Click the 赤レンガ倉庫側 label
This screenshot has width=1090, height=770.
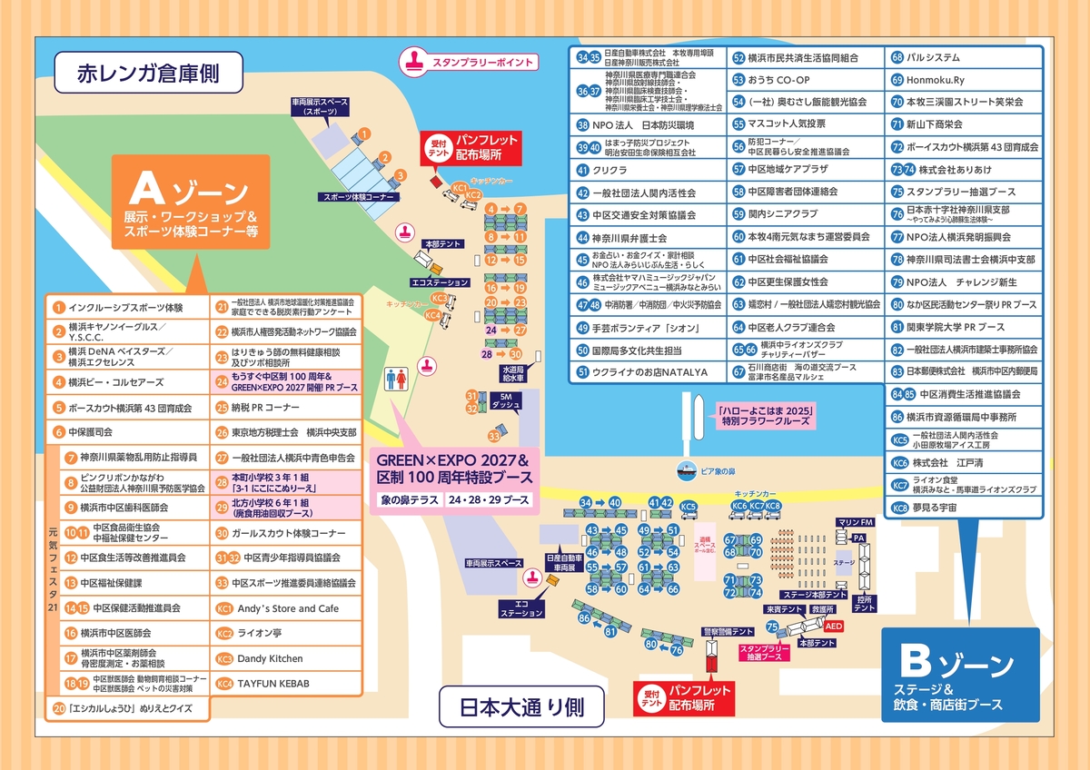click(148, 73)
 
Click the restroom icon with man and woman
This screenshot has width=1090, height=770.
click(396, 379)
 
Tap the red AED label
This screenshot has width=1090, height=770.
click(834, 627)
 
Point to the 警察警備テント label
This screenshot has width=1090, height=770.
click(715, 631)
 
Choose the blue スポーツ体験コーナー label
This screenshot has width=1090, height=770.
click(356, 197)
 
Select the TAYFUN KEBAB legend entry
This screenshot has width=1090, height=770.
click(273, 684)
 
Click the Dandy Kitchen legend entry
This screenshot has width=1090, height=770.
click(270, 658)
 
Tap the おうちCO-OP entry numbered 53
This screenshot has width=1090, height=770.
click(778, 80)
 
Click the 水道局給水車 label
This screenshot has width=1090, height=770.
click(511, 374)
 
